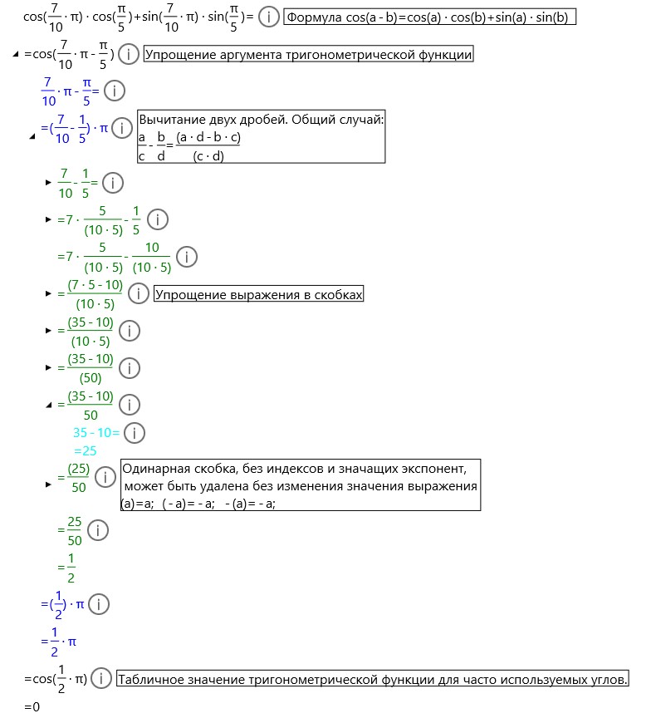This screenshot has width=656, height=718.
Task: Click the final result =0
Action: click(32, 706)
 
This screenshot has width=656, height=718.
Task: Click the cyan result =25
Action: click(86, 450)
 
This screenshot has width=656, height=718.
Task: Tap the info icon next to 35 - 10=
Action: click(134, 432)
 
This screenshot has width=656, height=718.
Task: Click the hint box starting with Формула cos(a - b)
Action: click(429, 17)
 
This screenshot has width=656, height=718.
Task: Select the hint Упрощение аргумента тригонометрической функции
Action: click(309, 55)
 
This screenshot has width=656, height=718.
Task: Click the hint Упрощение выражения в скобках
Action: click(259, 294)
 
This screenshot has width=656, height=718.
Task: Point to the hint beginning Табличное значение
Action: click(372, 680)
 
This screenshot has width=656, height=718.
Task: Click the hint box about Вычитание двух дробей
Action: click(261, 136)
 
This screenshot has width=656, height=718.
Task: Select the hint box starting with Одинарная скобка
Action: click(300, 485)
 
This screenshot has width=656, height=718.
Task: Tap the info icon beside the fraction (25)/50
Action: click(105, 477)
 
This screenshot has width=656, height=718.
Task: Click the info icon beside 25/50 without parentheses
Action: click(98, 530)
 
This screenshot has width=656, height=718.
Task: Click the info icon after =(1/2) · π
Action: click(98, 604)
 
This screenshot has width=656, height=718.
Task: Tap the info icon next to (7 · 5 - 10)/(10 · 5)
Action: click(139, 294)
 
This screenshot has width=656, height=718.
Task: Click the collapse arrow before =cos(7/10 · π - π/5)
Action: click(16, 56)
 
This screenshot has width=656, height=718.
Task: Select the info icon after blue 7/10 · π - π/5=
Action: click(114, 91)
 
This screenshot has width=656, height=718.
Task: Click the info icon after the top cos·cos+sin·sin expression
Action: click(269, 17)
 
